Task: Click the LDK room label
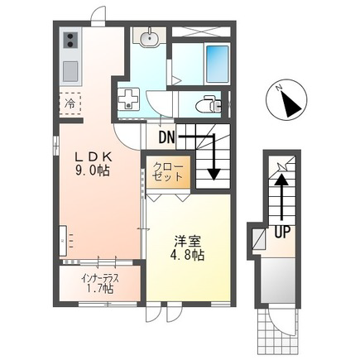[x=94, y=158]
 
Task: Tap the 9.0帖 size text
[x=92, y=171]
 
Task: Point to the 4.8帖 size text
[x=187, y=256]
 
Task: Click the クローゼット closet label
[x=168, y=171]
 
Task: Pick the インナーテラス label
[x=100, y=278]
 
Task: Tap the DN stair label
[x=167, y=137]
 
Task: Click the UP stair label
[x=282, y=233]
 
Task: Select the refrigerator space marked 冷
[x=70, y=103]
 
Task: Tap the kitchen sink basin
[x=70, y=71]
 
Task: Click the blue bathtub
[x=218, y=64]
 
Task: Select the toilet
[x=209, y=104]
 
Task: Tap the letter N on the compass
[x=280, y=88]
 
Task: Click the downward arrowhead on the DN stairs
[x=214, y=174]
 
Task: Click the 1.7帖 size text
[x=100, y=289]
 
